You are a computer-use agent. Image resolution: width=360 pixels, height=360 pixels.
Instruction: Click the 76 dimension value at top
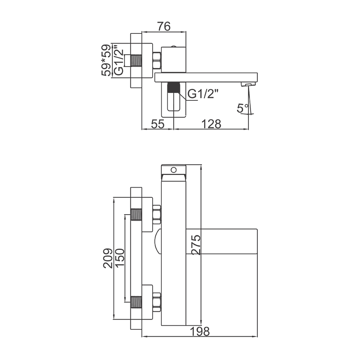[x=164, y=26]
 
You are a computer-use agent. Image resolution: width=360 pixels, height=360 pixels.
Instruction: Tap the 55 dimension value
[x=158, y=124]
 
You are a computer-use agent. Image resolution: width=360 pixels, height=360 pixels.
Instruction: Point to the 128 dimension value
[x=211, y=124]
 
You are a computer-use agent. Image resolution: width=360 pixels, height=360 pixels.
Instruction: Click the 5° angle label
[x=243, y=108]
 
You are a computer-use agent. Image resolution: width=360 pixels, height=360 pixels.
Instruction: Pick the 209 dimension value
[x=108, y=258]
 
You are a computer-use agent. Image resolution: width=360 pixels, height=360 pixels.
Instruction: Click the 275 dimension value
[x=196, y=245]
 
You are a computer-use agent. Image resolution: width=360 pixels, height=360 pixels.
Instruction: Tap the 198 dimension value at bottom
[x=200, y=332]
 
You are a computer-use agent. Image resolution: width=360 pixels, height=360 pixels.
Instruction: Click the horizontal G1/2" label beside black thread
[x=203, y=94]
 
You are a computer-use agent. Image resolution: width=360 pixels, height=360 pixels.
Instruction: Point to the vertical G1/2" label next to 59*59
[x=119, y=60]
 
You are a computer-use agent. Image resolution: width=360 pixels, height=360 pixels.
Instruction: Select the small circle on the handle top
[x=174, y=170]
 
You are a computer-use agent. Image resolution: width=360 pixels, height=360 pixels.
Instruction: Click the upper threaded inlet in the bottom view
[x=136, y=214]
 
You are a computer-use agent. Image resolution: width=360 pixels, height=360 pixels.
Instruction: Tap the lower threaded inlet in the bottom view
[x=136, y=302]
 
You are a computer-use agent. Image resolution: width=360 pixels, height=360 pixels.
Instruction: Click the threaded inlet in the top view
[x=136, y=60]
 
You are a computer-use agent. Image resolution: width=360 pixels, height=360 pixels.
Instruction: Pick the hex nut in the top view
[x=157, y=60]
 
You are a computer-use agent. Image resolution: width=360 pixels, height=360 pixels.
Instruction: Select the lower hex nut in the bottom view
[x=157, y=302]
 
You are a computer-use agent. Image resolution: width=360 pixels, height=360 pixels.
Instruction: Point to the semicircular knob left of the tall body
[x=158, y=242]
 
